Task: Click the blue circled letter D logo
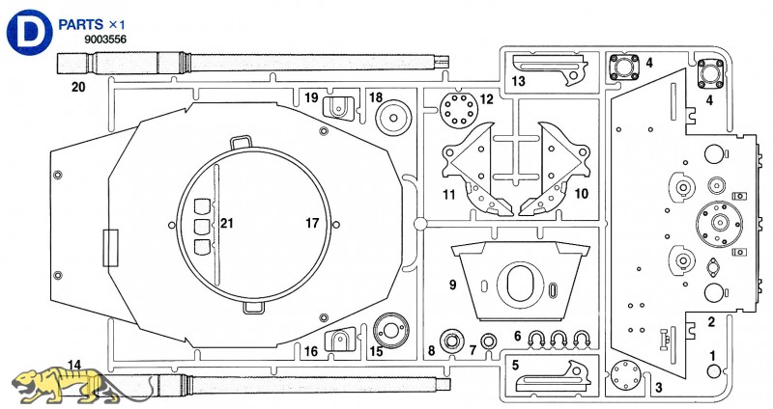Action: pyautogui.click(x=30, y=32)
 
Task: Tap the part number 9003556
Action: pyautogui.click(x=105, y=40)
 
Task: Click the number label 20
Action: pyautogui.click(x=78, y=87)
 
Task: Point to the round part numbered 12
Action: pyautogui.click(x=458, y=110)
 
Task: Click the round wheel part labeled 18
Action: pyautogui.click(x=393, y=117)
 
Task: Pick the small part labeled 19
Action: pyautogui.click(x=338, y=108)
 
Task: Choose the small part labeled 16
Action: pyautogui.click(x=340, y=339)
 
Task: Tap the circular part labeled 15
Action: pyautogui.click(x=391, y=330)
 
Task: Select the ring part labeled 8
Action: pyautogui.click(x=452, y=341)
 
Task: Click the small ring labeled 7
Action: pyautogui.click(x=489, y=341)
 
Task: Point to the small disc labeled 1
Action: pyautogui.click(x=714, y=371)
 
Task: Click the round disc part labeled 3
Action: pyautogui.click(x=625, y=375)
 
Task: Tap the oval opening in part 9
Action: pyautogui.click(x=521, y=286)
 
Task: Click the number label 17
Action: pyautogui.click(x=312, y=224)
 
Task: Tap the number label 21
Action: pyautogui.click(x=226, y=224)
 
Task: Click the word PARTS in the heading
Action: pyautogui.click(x=80, y=24)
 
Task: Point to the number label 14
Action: pyautogui.click(x=74, y=365)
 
